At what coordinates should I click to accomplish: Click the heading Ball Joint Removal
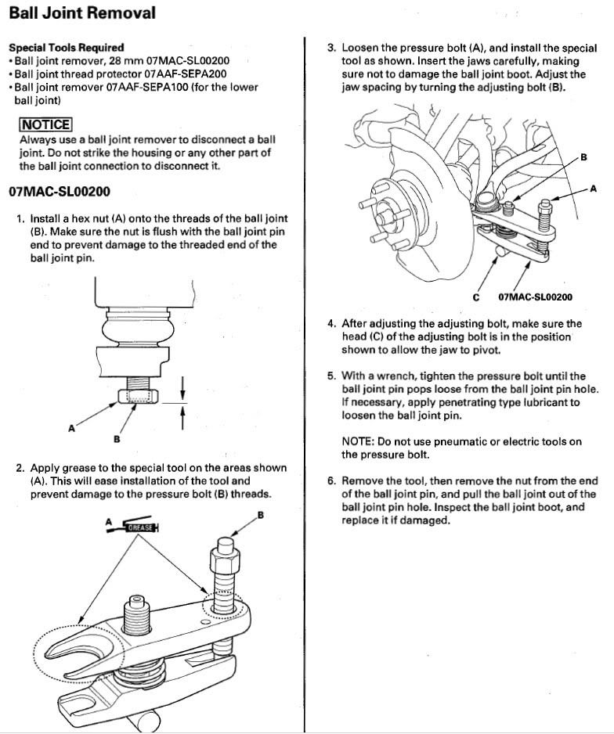(81, 13)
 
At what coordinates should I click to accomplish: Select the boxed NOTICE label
(45, 124)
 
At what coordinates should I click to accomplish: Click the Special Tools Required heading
(66, 48)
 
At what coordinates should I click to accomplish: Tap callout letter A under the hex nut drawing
(71, 428)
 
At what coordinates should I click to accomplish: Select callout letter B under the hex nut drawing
(117, 439)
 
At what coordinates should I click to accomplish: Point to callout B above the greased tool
(260, 514)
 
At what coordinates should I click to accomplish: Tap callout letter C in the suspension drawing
(476, 297)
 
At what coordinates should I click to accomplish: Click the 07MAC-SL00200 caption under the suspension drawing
(535, 297)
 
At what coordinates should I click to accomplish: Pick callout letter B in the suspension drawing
(583, 157)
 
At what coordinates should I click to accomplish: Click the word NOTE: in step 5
(359, 441)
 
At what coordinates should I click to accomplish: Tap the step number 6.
(332, 480)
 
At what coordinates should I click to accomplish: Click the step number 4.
(332, 323)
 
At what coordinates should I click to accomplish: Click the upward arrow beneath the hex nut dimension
(182, 417)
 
